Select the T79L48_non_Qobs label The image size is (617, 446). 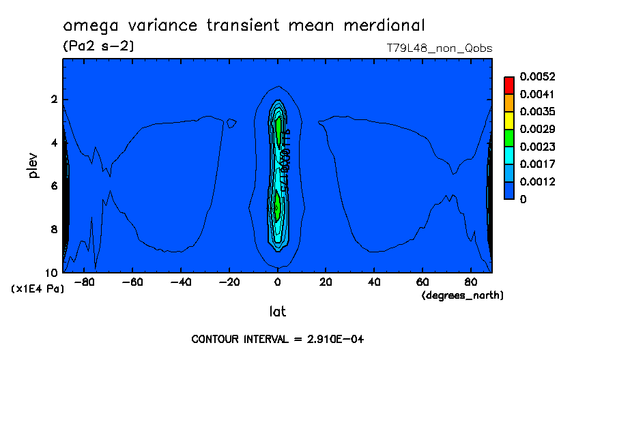(440, 48)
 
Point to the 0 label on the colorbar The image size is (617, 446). (523, 200)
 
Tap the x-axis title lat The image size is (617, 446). (277, 312)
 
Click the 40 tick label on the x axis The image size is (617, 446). (373, 281)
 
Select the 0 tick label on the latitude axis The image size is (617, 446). (277, 281)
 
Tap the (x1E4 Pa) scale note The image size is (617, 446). (38, 289)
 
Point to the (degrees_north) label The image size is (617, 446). (463, 295)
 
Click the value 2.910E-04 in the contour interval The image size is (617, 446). (331, 339)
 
